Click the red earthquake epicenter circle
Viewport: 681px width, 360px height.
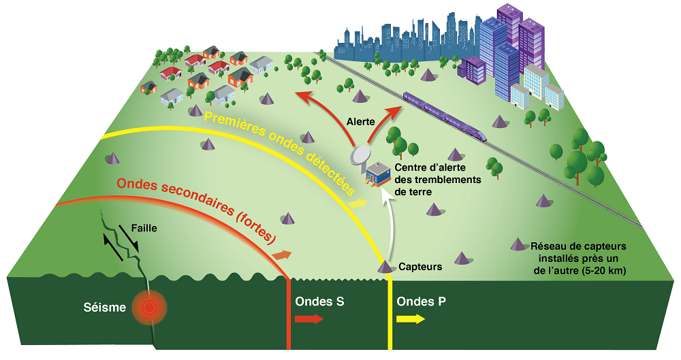[x=151, y=307]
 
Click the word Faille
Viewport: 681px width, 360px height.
[x=144, y=229]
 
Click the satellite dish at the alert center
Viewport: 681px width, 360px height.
[x=361, y=156]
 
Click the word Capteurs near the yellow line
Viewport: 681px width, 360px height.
[x=420, y=267]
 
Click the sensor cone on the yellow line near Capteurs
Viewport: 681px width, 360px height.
[x=385, y=267]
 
